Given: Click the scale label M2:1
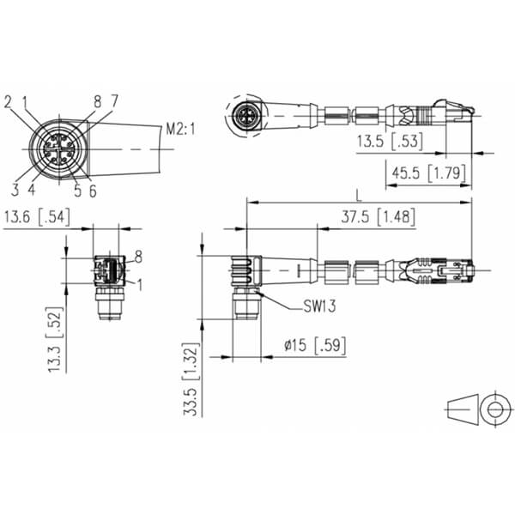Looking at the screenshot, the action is [x=180, y=129].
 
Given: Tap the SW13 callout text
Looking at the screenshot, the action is [x=319, y=306].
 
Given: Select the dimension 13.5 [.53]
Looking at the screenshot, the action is [x=390, y=141].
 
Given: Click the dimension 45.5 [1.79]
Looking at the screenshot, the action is [x=428, y=173].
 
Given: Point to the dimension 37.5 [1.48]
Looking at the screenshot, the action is [x=378, y=217].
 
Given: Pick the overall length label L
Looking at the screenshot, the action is [x=359, y=196].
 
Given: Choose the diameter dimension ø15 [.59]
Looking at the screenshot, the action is [x=315, y=345].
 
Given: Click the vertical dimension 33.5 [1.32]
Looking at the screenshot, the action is [x=191, y=379].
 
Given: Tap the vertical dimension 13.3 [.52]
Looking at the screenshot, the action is [x=55, y=339].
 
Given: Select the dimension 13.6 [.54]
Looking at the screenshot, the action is [x=37, y=217].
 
